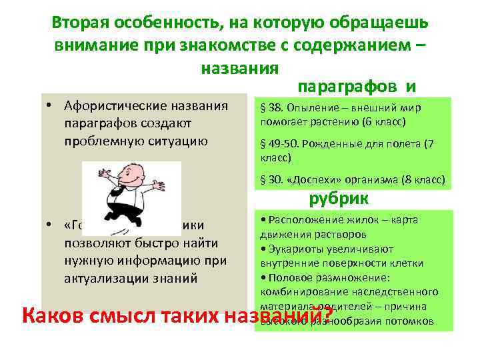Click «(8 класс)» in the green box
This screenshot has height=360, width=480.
pyautogui.click(x=422, y=179)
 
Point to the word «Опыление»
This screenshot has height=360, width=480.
pyautogui.click(x=307, y=109)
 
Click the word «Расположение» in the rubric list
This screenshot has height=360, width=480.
pyautogui.click(x=299, y=219)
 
